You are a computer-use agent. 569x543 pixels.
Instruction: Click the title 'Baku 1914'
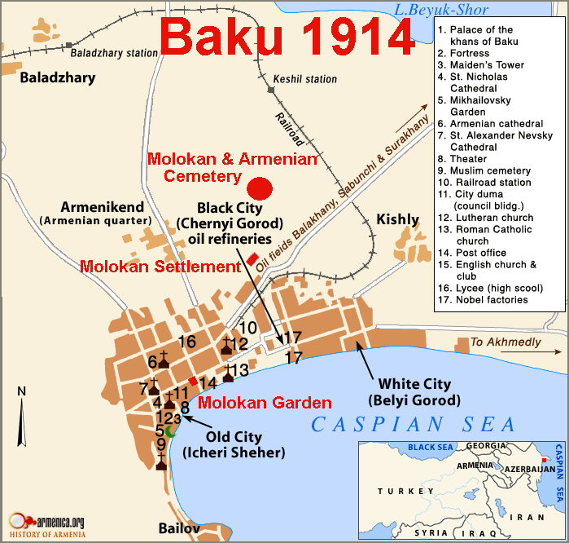[x=287, y=38]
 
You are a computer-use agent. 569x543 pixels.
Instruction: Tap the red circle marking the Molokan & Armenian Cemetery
[x=259, y=188]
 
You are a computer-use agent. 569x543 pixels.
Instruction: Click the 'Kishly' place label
[x=397, y=219]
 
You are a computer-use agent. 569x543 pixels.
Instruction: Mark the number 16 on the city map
[x=187, y=342]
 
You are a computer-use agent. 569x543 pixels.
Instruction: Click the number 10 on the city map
[x=248, y=328]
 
